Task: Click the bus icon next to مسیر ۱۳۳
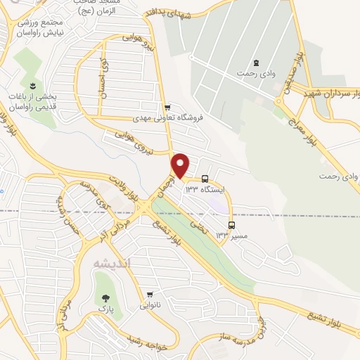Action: [232, 226]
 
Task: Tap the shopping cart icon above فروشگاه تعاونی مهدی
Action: [167, 108]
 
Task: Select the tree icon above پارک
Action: [105, 298]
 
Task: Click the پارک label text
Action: [105, 308]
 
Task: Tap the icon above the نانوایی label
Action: [150, 295]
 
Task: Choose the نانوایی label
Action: [150, 305]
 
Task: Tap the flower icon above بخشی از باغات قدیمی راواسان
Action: [32, 85]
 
